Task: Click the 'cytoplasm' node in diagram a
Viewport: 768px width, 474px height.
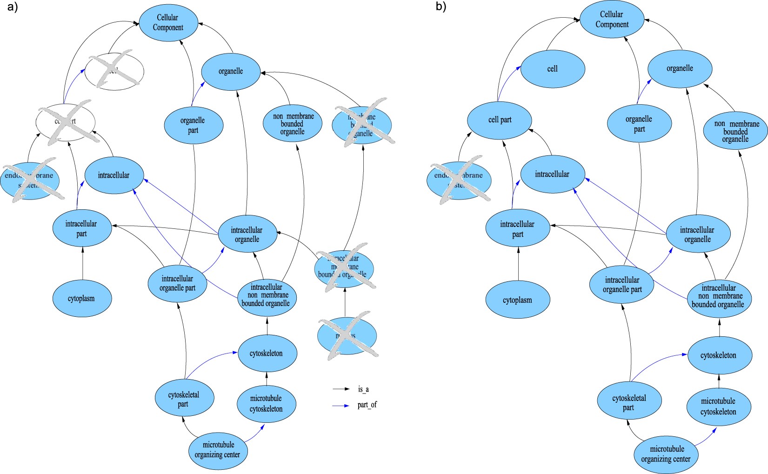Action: pyautogui.click(x=82, y=299)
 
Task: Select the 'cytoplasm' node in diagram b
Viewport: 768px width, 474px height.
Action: pyautogui.click(x=518, y=300)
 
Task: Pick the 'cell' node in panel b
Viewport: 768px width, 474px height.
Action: pyautogui.click(x=553, y=69)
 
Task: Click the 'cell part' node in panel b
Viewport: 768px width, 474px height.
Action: pyautogui.click(x=500, y=120)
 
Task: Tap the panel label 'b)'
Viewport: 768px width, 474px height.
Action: pyautogui.click(x=441, y=7)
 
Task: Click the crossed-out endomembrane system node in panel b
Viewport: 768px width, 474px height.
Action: pyautogui.click(x=459, y=180)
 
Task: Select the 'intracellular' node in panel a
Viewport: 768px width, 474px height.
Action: pyautogui.click(x=114, y=175)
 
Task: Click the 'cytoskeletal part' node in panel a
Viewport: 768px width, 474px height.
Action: pyautogui.click(x=184, y=399)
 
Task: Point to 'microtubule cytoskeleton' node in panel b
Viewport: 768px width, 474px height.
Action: pyautogui.click(x=718, y=406)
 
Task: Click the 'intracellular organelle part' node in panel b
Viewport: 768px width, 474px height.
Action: pyautogui.click(x=622, y=285)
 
